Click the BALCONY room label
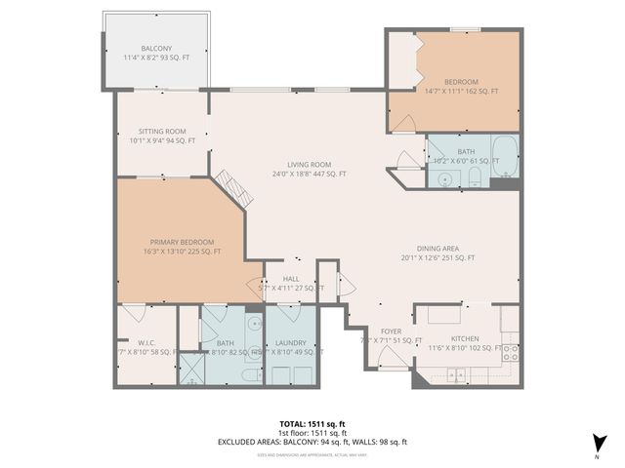click(x=155, y=49)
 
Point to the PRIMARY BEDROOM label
click(x=182, y=242)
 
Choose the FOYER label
click(x=391, y=331)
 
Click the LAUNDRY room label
click(x=290, y=343)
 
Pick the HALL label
click(x=291, y=279)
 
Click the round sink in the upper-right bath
click(x=445, y=178)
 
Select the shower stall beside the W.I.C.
click(x=187, y=370)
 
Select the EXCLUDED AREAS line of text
click(x=312, y=442)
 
